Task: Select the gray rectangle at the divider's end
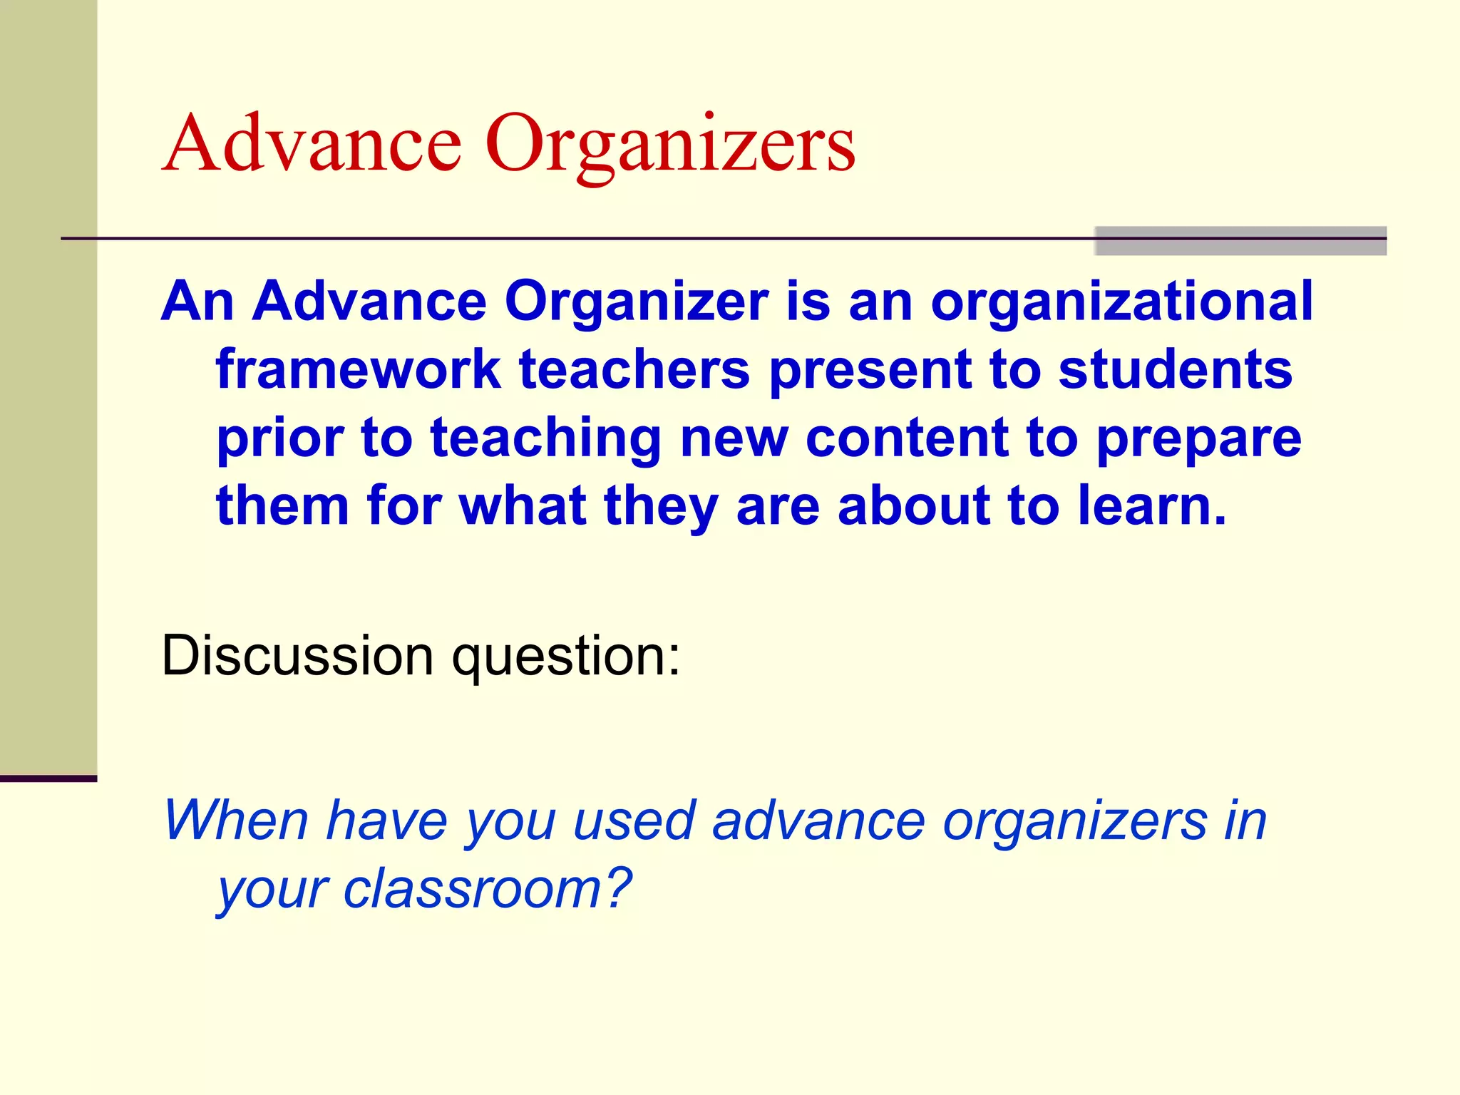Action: (1240, 241)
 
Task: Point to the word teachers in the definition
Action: (634, 369)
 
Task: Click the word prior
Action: (280, 438)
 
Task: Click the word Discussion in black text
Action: (297, 655)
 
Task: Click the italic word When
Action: (235, 821)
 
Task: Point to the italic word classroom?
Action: (488, 889)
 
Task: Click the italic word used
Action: (634, 821)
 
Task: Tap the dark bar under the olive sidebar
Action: (48, 778)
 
